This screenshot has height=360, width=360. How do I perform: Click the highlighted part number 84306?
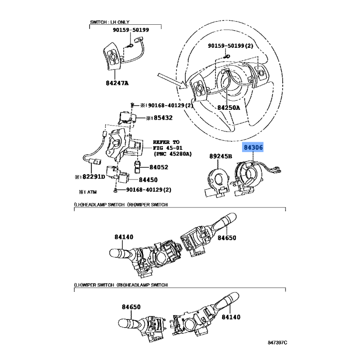(x=253, y=148)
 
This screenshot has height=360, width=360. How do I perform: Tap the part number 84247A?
(x=117, y=83)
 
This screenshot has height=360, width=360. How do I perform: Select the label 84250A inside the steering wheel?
(x=229, y=107)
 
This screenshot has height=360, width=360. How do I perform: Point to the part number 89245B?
(x=220, y=156)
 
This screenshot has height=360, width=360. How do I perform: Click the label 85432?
(x=163, y=117)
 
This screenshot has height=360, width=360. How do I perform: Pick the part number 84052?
(x=159, y=167)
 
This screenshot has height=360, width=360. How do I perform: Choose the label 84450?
(x=148, y=180)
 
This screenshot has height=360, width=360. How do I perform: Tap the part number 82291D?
(x=94, y=176)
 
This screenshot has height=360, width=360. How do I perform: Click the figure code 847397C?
(x=277, y=342)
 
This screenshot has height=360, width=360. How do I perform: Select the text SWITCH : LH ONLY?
(x=109, y=22)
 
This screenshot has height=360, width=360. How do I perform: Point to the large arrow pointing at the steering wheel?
(x=172, y=81)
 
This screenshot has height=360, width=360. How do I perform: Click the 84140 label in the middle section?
(x=124, y=237)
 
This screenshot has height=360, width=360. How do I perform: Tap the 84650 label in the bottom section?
(x=131, y=307)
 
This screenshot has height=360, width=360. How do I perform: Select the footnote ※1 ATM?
(x=88, y=192)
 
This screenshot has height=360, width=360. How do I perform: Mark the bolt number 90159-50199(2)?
(x=230, y=46)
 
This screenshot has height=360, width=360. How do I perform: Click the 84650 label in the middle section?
(x=227, y=238)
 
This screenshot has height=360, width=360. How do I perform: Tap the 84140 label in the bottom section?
(x=231, y=317)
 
